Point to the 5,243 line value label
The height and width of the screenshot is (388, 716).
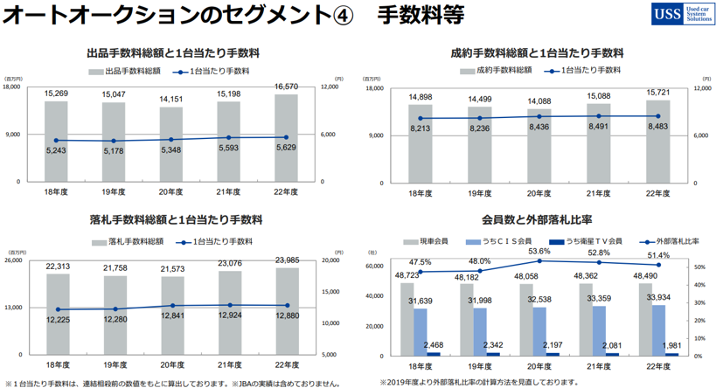coord(57,150)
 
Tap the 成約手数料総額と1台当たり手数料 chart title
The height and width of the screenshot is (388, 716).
coord(537,52)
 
